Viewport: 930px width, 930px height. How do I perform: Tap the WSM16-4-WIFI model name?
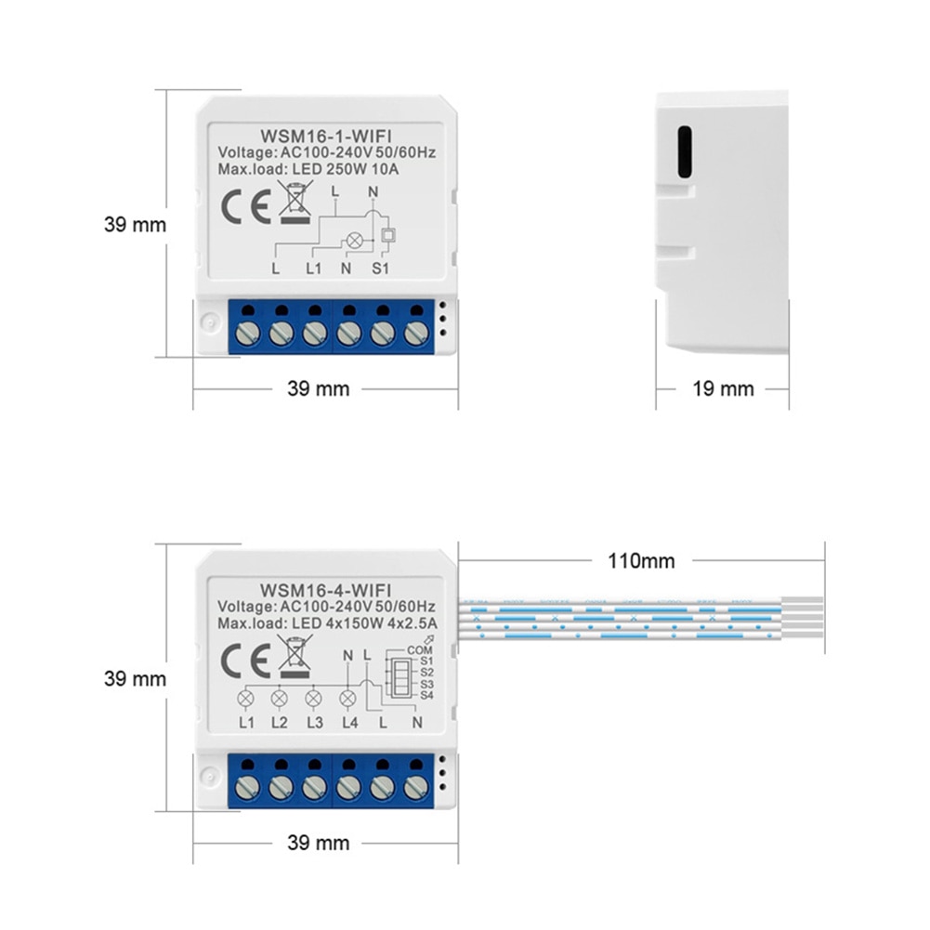325,589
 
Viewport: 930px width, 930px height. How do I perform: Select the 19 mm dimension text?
723,388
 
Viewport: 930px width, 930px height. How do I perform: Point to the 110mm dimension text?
641,560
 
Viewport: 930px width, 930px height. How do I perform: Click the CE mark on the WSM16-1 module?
242,204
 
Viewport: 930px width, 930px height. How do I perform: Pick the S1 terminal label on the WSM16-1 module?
381,269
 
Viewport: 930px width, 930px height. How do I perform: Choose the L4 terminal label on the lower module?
348,723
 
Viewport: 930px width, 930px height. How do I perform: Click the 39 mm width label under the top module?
319,388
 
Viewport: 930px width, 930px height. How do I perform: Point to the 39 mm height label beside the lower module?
136,678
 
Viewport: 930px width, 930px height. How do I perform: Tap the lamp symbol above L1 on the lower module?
246,698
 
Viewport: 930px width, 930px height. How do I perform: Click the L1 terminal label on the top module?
313,269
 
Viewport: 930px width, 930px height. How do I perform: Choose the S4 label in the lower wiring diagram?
426,695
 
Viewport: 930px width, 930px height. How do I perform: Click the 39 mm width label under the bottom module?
319,843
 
